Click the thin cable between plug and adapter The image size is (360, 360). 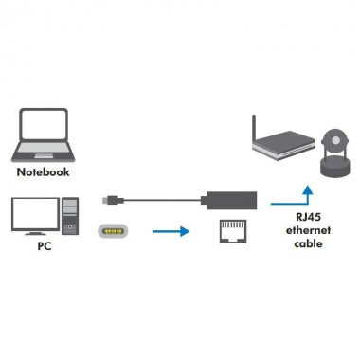161,201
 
